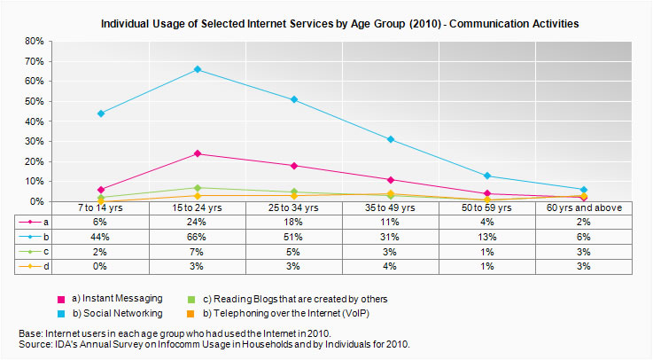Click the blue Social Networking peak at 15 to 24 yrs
coord(198,69)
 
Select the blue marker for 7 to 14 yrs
coord(101,113)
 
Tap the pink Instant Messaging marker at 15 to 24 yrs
coord(198,153)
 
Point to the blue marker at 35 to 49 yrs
coord(391,139)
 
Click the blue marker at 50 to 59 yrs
coord(487,176)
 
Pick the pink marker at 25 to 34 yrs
coord(294,166)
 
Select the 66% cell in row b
coord(198,237)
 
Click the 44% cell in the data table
coord(101,237)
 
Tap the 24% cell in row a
coord(198,222)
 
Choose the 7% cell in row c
coord(198,252)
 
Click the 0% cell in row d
coord(101,267)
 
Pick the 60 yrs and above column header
coord(584,207)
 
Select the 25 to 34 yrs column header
coord(294,207)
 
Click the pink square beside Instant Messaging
coord(60,299)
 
